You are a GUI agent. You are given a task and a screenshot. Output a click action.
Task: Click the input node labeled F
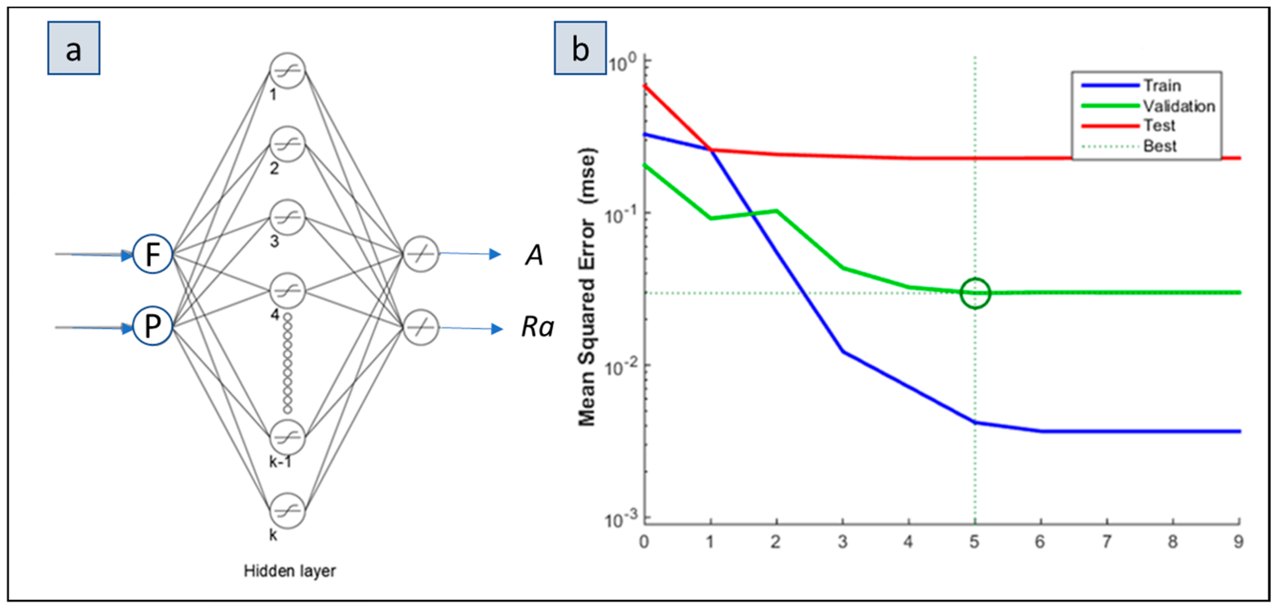[x=152, y=254]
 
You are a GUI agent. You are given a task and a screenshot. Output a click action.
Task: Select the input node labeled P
[x=152, y=327]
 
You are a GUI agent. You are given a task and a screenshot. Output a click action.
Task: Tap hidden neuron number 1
[x=287, y=71]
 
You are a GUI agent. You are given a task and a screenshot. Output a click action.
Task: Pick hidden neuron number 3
[x=287, y=218]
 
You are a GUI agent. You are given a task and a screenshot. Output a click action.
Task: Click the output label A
[x=534, y=255]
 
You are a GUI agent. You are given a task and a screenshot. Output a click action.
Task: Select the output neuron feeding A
[x=421, y=254]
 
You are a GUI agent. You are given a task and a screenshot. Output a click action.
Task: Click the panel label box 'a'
[x=74, y=48]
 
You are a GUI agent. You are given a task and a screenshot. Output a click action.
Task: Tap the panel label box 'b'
[x=580, y=48]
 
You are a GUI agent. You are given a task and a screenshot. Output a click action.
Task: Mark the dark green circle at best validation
[x=975, y=293]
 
